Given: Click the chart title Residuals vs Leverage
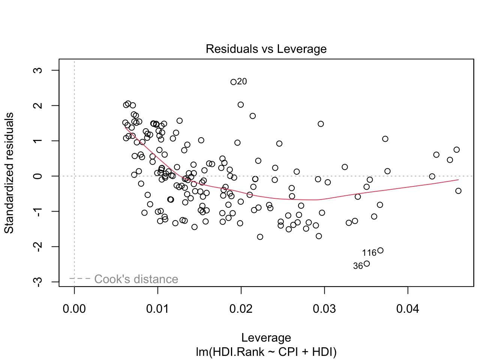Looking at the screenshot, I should coord(266,49).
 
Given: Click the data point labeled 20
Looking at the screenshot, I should coord(233,82).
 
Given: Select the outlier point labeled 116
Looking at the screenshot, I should coord(380,250).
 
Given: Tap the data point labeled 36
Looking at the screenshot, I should coord(367,264).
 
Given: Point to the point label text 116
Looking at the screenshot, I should coord(369,253).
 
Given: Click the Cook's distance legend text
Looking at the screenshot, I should coord(136,279).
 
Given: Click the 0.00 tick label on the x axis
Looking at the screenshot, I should coord(74,309).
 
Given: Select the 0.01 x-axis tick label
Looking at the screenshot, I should coord(158,309).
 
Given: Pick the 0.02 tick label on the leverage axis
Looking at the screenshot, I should coord(241,309).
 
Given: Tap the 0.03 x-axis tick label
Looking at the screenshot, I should coord(324,309).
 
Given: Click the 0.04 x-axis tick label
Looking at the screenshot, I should coord(408,309).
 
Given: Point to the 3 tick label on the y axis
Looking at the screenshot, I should coord(38,70).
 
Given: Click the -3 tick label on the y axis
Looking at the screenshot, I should coord(38,282).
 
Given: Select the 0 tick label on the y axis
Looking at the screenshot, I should coord(38,176).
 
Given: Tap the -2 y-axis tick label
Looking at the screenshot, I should coord(38,246).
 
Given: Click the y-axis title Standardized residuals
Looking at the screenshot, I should coord(9,173).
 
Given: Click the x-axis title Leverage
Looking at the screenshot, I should coord(266,337).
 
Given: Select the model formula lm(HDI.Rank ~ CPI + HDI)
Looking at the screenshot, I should coord(266,352).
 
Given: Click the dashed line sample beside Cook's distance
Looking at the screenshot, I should coord(80,279).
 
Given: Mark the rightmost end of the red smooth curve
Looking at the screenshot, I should coord(458,180).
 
